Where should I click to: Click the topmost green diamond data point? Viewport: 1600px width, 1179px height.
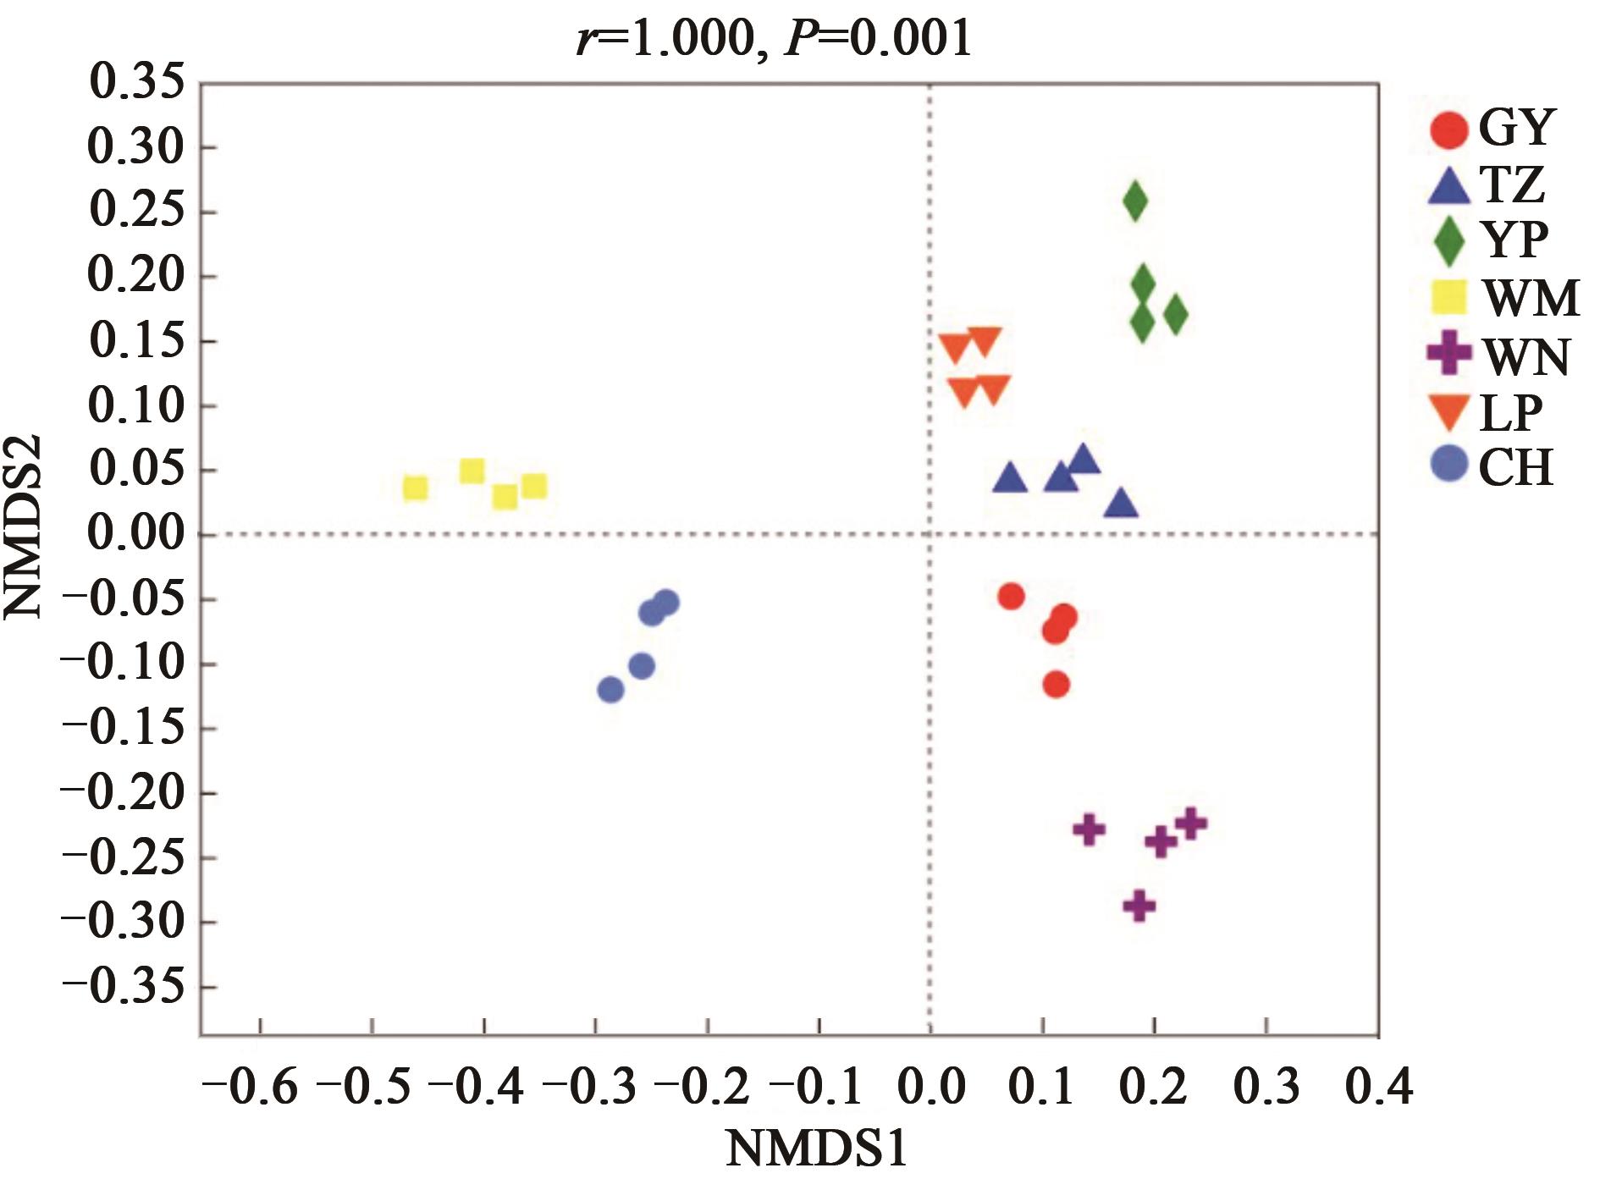[1135, 201]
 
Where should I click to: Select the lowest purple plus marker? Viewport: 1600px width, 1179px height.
[1139, 906]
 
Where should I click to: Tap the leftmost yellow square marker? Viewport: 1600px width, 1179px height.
[415, 488]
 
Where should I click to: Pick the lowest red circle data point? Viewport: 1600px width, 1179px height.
[1056, 684]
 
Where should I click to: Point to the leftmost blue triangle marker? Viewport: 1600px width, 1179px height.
[1009, 479]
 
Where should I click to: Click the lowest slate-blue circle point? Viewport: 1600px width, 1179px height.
[610, 690]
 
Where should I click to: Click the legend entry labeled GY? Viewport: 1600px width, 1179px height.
[1516, 128]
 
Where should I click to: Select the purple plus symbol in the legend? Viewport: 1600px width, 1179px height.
[1449, 355]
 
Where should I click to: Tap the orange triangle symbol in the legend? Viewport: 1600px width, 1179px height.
[1450, 411]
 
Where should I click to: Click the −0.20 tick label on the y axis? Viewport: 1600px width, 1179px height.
[124, 793]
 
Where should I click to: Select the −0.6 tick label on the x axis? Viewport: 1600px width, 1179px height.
[250, 1087]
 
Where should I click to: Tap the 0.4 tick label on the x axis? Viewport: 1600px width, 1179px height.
[1379, 1087]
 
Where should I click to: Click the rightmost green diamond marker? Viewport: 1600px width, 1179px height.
[1175, 315]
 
